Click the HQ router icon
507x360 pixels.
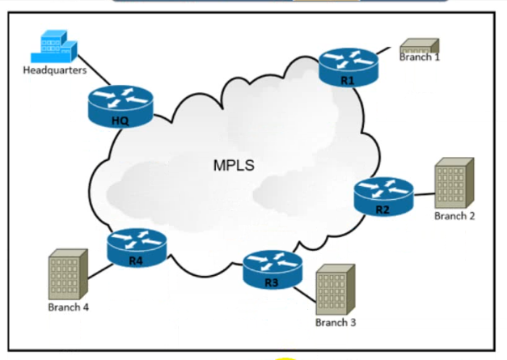tap(120, 105)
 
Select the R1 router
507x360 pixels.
tap(348, 66)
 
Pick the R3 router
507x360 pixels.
tap(272, 269)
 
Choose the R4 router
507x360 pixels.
tap(136, 247)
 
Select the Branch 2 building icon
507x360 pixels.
tap(454, 183)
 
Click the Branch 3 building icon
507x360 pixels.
tap(335, 290)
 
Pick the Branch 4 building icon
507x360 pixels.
tap(68, 275)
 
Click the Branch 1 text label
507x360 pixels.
tap(420, 57)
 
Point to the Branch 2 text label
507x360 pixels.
tap(454, 216)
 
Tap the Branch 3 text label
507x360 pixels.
tap(336, 323)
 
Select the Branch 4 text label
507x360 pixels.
tap(68, 307)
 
